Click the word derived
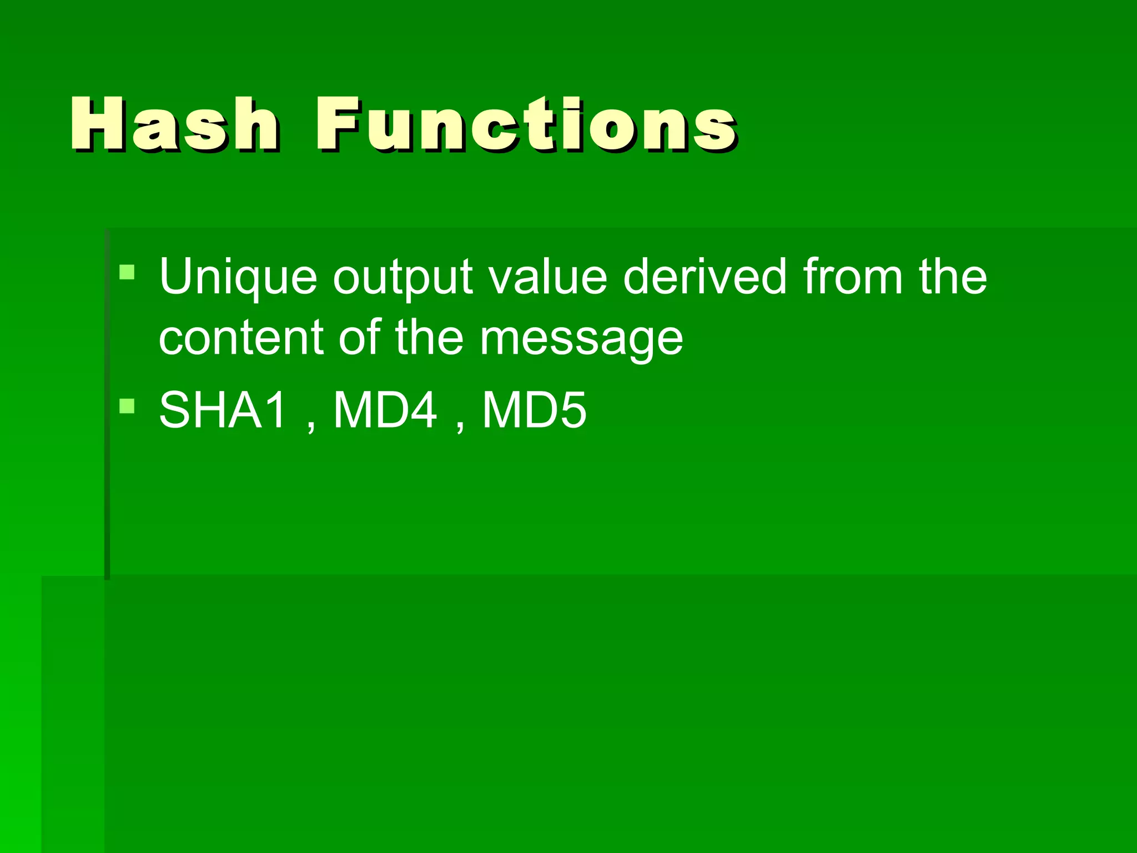point(705,277)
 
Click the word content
point(241,338)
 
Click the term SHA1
point(223,410)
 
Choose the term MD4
point(385,410)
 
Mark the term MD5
point(534,410)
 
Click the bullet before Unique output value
point(127,272)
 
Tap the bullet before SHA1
point(127,406)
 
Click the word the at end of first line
point(953,277)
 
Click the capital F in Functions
point(340,124)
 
